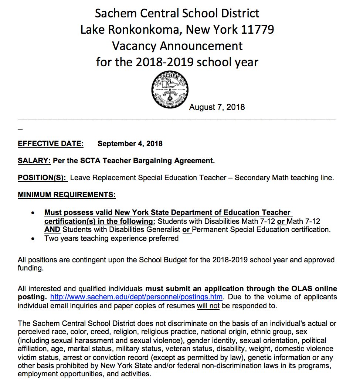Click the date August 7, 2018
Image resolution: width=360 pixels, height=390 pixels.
tap(217, 107)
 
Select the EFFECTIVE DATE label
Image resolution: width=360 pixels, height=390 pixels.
tap(51, 144)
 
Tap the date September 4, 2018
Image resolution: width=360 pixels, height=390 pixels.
tap(130, 144)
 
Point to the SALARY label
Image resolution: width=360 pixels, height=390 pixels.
tap(34, 161)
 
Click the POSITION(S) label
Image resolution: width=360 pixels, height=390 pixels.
tap(43, 178)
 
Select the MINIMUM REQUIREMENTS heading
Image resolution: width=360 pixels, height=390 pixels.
tap(67, 195)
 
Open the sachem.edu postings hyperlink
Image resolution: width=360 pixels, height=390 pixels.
tap(136, 297)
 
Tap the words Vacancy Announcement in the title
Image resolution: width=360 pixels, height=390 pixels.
tap(177, 46)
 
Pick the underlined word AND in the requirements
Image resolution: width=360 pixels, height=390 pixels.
tap(52, 230)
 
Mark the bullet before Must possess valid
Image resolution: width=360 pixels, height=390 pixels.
tap(33, 213)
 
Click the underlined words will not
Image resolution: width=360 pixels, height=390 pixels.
tap(208, 306)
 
